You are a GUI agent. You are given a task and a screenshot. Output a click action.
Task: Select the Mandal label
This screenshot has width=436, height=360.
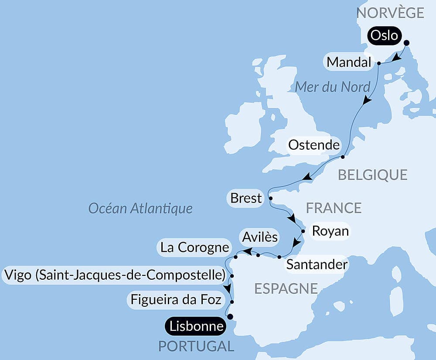point(349,63)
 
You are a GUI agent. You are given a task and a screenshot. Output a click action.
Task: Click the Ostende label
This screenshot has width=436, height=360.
point(314,145)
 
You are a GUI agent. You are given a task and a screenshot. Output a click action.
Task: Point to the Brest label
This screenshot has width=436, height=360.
point(246,198)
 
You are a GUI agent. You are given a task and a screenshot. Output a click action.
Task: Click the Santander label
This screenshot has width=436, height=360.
point(316,264)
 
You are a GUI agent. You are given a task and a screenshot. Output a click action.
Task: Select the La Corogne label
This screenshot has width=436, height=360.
point(194,247)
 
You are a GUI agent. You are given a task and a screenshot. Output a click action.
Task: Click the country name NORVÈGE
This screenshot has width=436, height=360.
point(390,13)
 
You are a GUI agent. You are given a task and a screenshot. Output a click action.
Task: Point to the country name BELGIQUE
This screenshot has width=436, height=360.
point(373,175)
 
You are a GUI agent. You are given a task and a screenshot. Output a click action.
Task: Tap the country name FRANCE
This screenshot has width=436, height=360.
point(334,208)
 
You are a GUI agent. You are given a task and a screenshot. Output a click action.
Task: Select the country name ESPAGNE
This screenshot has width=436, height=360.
point(286,288)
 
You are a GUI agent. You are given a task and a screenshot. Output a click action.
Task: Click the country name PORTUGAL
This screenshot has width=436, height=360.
point(196,346)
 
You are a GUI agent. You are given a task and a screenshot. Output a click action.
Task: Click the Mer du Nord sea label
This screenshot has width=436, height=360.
point(333,87)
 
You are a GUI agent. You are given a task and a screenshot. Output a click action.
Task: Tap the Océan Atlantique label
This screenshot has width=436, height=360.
point(140,208)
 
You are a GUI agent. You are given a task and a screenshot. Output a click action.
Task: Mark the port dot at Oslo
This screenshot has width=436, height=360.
point(407,43)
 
